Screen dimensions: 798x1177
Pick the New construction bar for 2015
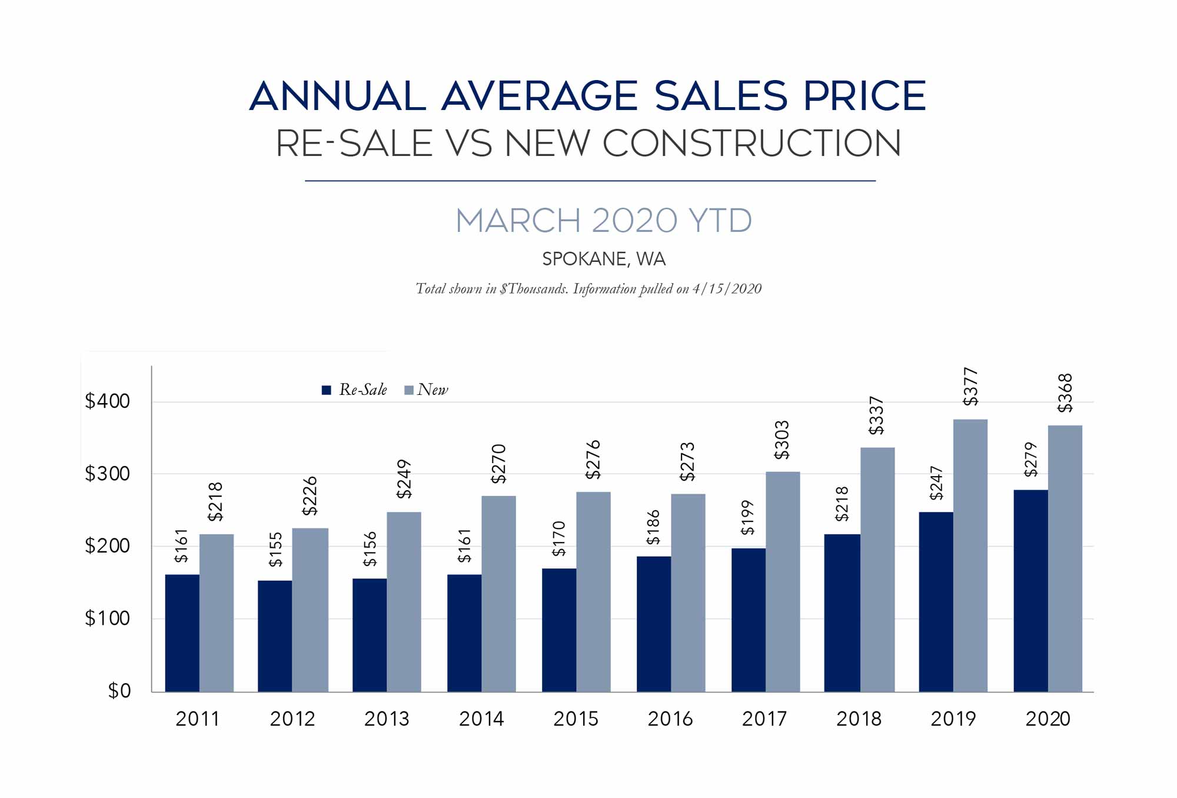[x=593, y=591]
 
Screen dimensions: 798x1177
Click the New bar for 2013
[x=404, y=601]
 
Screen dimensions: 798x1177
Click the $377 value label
[x=970, y=387]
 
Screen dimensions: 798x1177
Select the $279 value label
[x=1030, y=460]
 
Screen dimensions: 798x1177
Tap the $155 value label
[x=275, y=550]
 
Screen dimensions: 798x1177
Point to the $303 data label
[x=782, y=440]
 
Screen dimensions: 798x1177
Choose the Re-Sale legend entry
[x=354, y=390]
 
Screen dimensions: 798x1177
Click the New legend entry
[x=427, y=390]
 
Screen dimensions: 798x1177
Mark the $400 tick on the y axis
[x=107, y=401]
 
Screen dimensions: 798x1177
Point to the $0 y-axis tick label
[x=119, y=691]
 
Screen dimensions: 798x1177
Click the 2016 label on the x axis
[x=670, y=719]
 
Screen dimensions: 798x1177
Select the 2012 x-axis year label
[x=292, y=719]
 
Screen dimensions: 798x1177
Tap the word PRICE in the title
[x=864, y=96]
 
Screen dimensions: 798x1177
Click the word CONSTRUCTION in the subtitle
[x=751, y=143]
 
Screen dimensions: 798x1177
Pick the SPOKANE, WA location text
[x=604, y=259]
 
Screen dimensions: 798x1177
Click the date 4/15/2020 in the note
[x=727, y=289]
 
